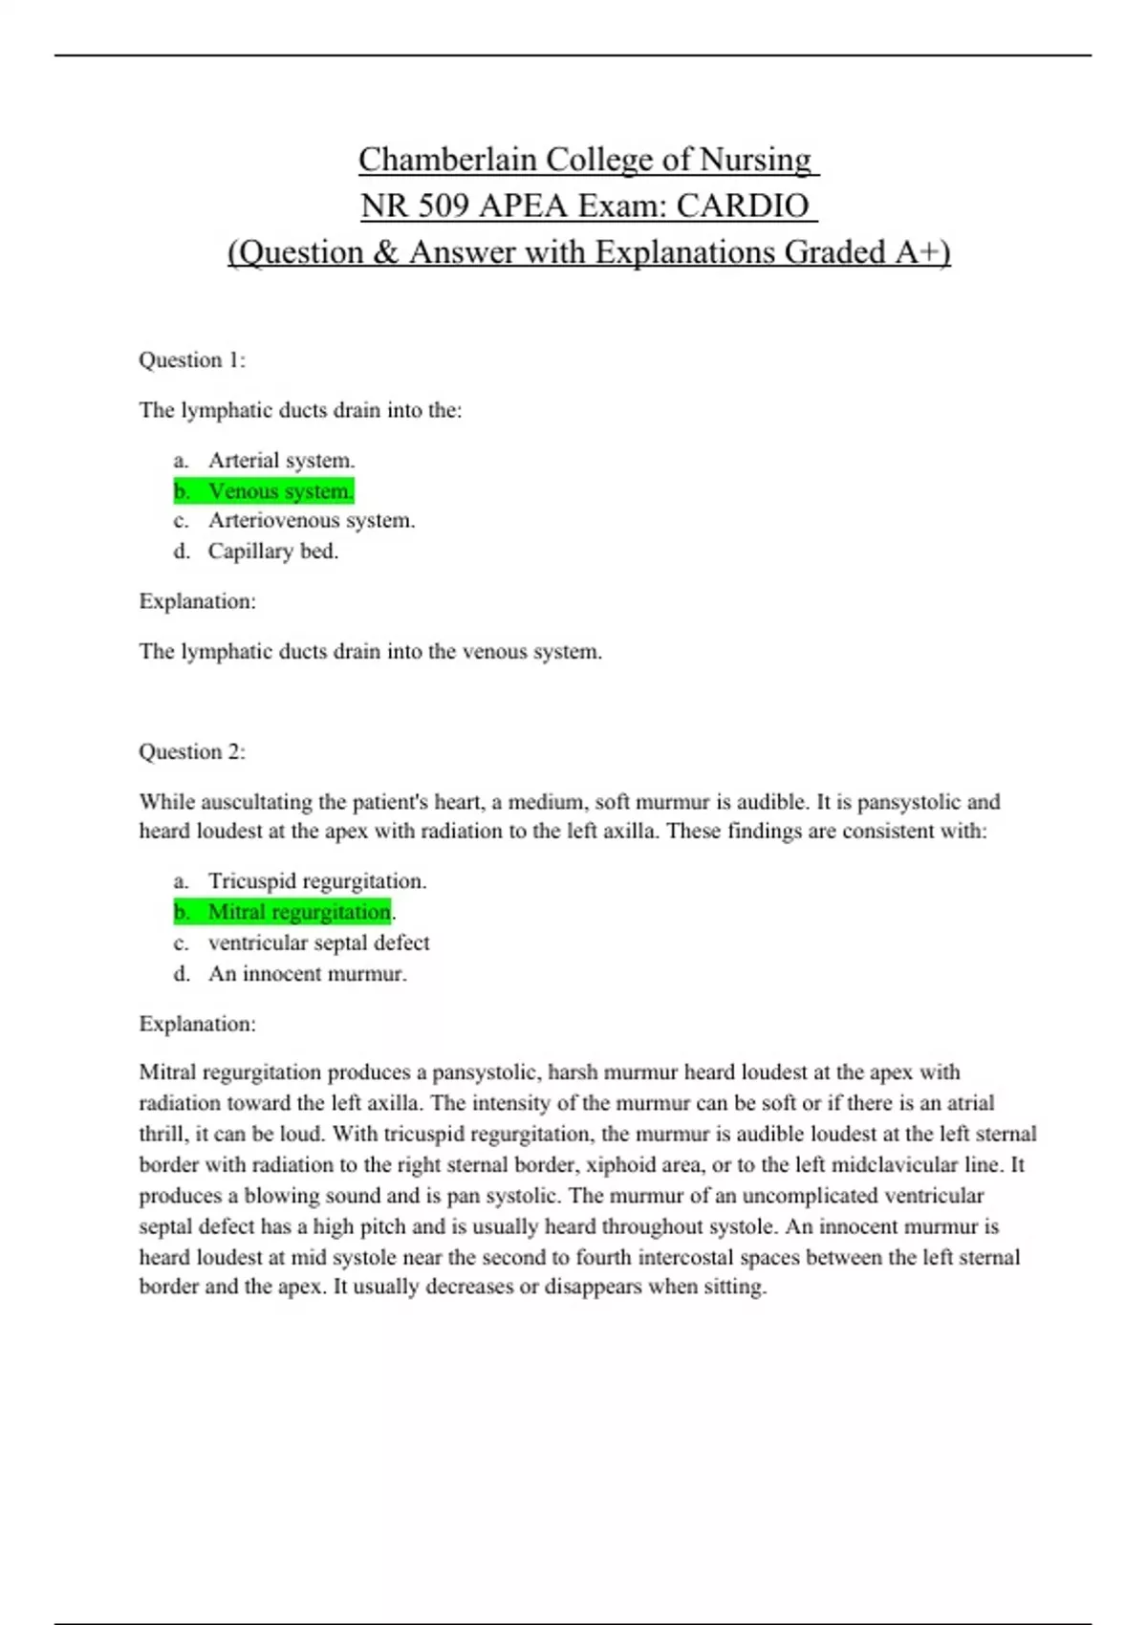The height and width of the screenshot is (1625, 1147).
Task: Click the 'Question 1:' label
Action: pos(192,360)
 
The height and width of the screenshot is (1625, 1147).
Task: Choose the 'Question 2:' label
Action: pos(192,751)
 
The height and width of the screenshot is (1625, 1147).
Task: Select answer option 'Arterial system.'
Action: pos(281,461)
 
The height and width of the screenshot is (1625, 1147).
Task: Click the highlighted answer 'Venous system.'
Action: pos(280,491)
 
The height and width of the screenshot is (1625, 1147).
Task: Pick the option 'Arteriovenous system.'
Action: pos(312,521)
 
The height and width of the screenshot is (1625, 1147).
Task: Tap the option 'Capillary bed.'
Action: pos(273,552)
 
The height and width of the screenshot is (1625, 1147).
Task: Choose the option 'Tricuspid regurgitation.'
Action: pos(317,881)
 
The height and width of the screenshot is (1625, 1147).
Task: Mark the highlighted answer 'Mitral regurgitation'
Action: pos(299,912)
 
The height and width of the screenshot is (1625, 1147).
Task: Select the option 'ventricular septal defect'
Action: pos(319,942)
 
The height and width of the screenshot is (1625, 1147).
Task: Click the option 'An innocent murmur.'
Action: pos(308,974)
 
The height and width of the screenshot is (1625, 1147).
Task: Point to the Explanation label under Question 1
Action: pos(198,601)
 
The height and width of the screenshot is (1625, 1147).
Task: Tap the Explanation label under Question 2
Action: pos(198,1024)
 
